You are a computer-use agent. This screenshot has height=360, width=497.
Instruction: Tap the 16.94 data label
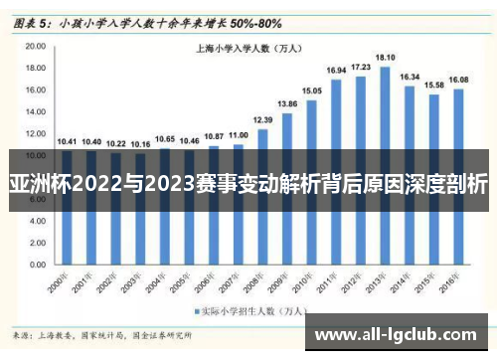point(336,70)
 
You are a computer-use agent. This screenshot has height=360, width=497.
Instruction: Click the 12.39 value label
point(262,118)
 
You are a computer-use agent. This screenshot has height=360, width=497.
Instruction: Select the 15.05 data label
point(312,90)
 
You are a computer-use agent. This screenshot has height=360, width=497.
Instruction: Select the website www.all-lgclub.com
point(401,334)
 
